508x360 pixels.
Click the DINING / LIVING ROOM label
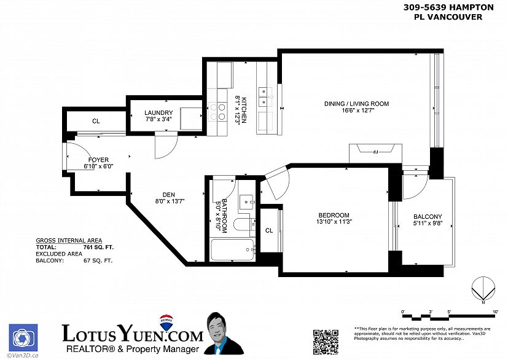point(356,104)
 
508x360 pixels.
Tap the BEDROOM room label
point(334,214)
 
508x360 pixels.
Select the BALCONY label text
point(427,216)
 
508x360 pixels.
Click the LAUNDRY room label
point(158,113)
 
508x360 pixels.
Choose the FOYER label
point(98,160)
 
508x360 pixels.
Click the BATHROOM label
point(225,215)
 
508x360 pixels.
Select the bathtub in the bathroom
point(232,250)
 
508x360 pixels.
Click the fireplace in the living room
point(375,151)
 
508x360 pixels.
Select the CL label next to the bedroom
point(269,230)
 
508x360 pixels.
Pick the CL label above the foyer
point(96,121)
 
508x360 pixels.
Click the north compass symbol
point(483,289)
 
